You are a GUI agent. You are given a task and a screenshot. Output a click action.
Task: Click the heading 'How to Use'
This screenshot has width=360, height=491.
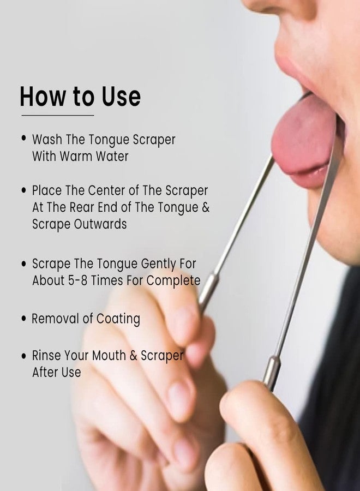click(x=80, y=96)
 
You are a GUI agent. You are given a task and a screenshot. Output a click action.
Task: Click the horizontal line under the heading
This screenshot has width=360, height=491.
click(x=58, y=115)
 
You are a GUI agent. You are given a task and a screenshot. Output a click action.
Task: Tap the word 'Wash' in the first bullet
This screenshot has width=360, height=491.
click(x=47, y=139)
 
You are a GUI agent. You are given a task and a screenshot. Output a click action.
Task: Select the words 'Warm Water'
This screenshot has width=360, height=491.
click(x=94, y=156)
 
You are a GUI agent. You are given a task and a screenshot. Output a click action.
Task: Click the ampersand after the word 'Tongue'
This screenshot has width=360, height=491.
click(x=206, y=207)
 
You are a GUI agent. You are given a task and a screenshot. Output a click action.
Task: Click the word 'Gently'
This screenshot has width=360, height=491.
click(x=158, y=264)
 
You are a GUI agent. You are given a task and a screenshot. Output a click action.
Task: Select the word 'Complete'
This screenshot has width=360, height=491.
click(x=173, y=280)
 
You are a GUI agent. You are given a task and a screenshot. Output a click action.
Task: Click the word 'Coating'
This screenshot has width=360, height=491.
click(x=118, y=319)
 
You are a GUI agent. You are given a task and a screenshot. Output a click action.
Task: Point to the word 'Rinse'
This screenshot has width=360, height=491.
click(x=47, y=355)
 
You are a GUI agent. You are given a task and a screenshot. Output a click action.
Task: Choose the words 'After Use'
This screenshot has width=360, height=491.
click(x=57, y=372)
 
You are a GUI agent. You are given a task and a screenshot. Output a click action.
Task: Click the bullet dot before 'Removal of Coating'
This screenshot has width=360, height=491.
click(x=24, y=319)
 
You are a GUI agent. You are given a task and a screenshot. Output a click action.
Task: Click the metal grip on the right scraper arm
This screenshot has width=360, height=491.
click(x=271, y=373)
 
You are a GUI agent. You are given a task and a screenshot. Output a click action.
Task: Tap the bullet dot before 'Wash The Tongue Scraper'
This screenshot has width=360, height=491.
click(x=24, y=139)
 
